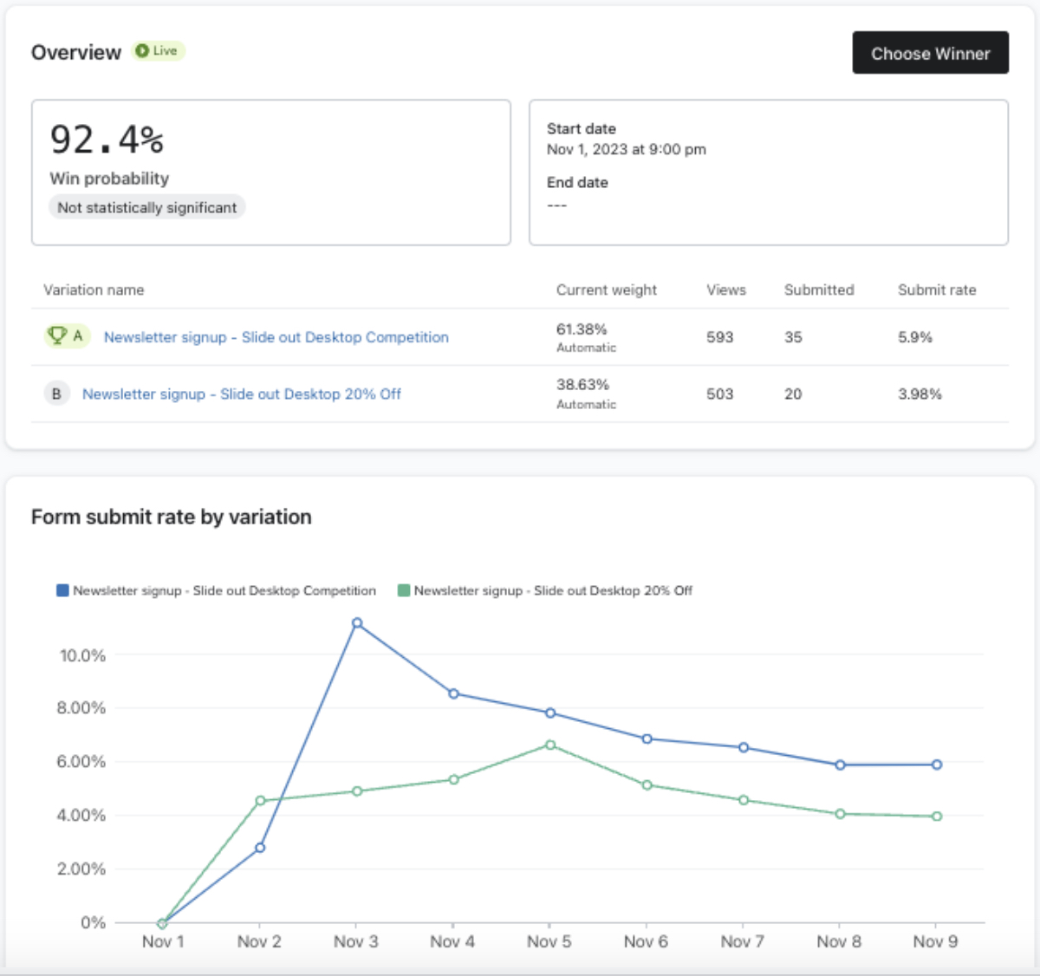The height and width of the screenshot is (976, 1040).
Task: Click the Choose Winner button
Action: click(930, 53)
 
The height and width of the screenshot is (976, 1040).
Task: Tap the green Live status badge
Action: click(159, 51)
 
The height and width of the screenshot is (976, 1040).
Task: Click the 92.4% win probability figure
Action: click(107, 140)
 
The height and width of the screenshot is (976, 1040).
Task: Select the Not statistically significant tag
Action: click(146, 208)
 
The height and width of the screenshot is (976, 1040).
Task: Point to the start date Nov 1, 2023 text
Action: click(626, 149)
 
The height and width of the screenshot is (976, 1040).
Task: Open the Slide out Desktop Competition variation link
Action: click(276, 337)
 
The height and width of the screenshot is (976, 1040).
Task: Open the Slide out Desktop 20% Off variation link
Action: click(241, 394)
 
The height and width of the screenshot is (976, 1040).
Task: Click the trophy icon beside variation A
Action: click(57, 335)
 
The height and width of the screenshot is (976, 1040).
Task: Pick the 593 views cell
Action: click(719, 337)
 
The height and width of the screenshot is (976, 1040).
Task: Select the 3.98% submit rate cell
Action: click(920, 394)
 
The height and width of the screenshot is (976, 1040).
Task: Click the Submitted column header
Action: click(819, 290)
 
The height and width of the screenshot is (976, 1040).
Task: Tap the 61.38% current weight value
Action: click(582, 329)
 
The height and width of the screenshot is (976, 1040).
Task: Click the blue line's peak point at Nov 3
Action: click(357, 623)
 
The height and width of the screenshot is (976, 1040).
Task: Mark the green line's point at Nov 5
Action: click(550, 745)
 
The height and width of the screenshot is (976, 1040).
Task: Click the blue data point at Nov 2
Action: click(260, 848)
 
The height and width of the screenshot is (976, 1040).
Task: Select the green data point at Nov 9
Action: click(937, 817)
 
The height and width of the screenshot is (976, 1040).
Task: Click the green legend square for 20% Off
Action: click(403, 590)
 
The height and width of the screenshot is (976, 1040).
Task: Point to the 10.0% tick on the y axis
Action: click(82, 656)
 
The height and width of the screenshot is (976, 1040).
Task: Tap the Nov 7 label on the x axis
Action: click(742, 941)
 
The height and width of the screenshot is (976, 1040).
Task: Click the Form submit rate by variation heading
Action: click(171, 517)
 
